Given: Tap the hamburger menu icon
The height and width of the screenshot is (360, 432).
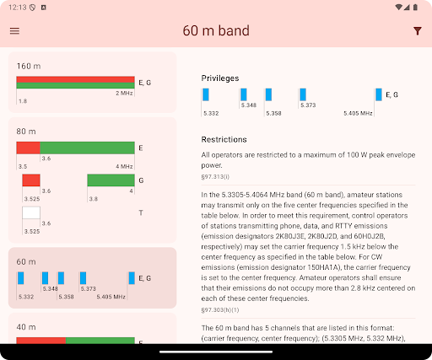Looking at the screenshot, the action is [x=14, y=30].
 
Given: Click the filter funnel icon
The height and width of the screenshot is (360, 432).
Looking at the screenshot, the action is [x=418, y=31].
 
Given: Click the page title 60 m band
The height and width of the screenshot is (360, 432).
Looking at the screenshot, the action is [x=216, y=30].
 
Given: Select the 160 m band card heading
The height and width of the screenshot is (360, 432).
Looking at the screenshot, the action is [x=29, y=66].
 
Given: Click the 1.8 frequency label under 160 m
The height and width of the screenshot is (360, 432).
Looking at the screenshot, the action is [x=23, y=101].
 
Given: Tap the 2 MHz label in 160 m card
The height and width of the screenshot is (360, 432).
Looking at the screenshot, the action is [x=124, y=93].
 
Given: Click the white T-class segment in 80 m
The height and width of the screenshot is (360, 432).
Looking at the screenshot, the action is [x=31, y=212].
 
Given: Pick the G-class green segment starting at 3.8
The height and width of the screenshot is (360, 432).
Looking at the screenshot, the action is [x=111, y=180].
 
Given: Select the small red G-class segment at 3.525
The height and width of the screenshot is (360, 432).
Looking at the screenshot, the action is [x=31, y=180].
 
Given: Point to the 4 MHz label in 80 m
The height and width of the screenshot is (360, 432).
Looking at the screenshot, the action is [x=124, y=166].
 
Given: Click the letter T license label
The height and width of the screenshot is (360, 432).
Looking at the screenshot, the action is [x=141, y=212].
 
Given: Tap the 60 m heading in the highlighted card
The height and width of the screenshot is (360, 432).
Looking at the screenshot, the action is [x=26, y=261].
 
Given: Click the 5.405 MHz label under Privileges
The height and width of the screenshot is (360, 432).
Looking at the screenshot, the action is [x=358, y=113].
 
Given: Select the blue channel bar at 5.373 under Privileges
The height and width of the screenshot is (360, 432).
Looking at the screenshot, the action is [x=303, y=94].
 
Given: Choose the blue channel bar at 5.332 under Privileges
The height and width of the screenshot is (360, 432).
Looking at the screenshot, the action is [x=206, y=94].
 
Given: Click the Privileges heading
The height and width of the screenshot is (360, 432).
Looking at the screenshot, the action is [x=220, y=78].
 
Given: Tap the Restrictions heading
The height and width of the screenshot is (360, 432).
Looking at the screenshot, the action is [x=224, y=139].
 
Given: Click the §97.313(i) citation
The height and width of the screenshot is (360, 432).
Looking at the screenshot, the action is [x=215, y=177].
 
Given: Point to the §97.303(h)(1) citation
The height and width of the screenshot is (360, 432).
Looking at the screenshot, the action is [x=220, y=310].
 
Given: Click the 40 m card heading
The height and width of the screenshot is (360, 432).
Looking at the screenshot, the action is [x=26, y=327].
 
